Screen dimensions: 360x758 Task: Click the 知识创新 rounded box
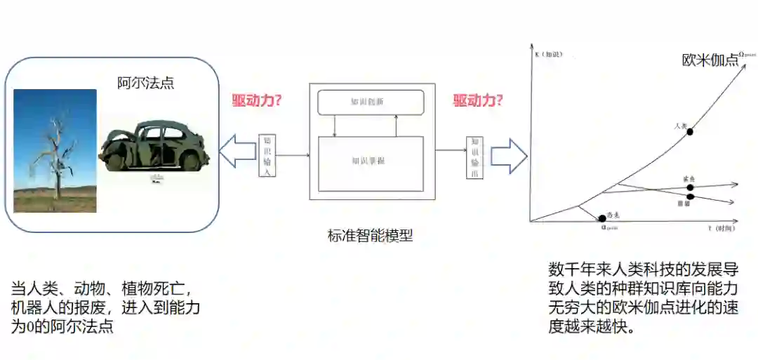[371, 102]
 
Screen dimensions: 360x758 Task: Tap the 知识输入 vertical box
[267, 155]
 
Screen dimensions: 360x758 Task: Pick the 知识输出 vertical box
[474, 157]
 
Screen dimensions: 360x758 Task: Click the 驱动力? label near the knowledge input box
[257, 100]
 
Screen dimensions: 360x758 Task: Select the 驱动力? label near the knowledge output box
[478, 100]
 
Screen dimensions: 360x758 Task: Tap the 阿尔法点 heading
[145, 83]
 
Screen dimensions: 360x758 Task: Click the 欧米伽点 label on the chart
[710, 60]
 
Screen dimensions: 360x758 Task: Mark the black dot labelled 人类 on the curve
[690, 131]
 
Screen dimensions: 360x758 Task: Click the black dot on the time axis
[601, 219]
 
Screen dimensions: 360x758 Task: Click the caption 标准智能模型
[370, 236]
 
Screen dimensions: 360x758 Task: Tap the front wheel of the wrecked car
[114, 162]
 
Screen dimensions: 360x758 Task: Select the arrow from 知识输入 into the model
[293, 155]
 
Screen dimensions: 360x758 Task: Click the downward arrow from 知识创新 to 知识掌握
[335, 126]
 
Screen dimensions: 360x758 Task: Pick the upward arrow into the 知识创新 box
[397, 126]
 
